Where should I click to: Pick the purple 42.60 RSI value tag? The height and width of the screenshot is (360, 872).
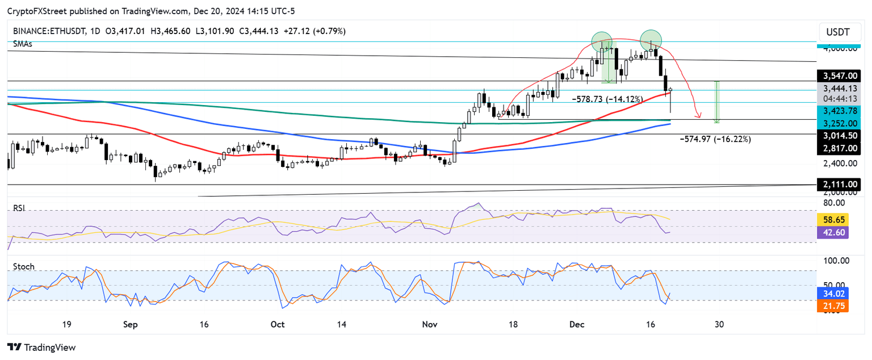(x=833, y=232)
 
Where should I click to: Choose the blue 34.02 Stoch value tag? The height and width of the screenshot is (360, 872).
(x=833, y=294)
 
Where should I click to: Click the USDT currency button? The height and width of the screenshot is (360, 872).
(x=838, y=32)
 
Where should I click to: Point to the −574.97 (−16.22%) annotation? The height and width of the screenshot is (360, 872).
(x=715, y=139)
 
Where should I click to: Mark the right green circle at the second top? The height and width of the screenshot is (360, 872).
(x=651, y=40)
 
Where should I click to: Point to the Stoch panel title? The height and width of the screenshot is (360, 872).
(x=23, y=266)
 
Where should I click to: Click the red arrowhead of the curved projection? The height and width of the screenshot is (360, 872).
(x=698, y=117)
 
